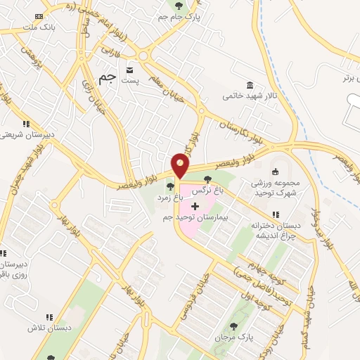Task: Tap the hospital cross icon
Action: [195, 205]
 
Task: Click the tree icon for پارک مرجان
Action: [233, 326]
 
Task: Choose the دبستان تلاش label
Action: [42, 328]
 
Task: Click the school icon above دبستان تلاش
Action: [49, 317]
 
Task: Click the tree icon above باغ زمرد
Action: [170, 186]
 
